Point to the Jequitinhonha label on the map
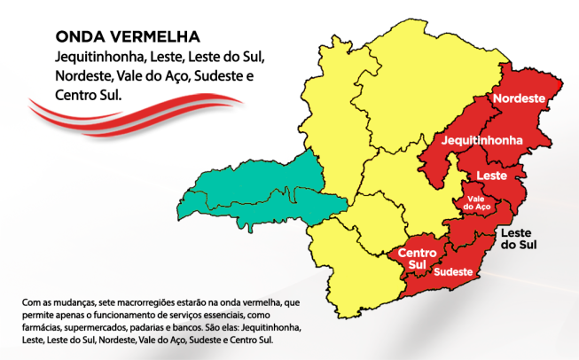pyautogui.click(x=480, y=141)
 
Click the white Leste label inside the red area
pyautogui.click(x=490, y=176)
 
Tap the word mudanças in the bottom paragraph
pyautogui.click(x=71, y=302)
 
